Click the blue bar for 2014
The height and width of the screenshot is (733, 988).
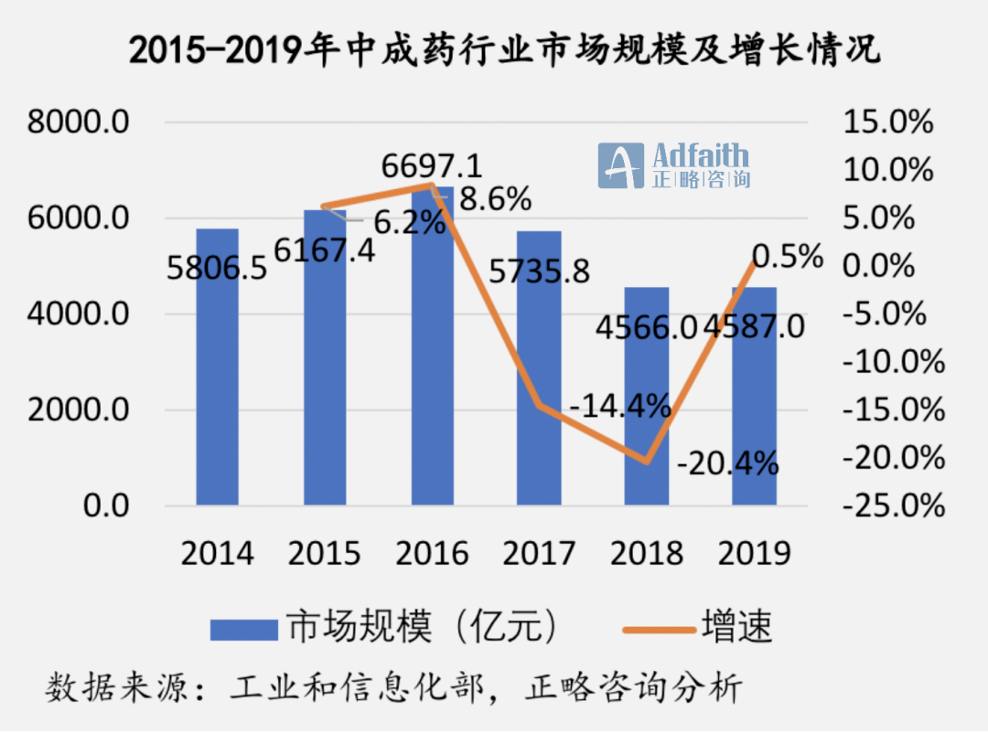pyautogui.click(x=217, y=384)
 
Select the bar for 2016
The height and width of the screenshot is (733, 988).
pyautogui.click(x=432, y=366)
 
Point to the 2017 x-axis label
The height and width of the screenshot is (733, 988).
pyautogui.click(x=539, y=553)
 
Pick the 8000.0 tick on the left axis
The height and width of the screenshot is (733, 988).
pyautogui.click(x=81, y=122)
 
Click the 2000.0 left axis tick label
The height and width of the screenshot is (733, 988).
pyautogui.click(x=81, y=410)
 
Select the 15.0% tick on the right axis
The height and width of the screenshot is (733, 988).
pyautogui.click(x=891, y=122)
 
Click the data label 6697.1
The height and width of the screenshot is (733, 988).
pyautogui.click(x=432, y=166)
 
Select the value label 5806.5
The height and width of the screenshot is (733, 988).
pyautogui.click(x=217, y=270)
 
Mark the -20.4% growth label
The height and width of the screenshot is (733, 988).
pyautogui.click(x=728, y=464)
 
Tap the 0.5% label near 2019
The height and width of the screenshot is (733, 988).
pyautogui.click(x=787, y=257)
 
